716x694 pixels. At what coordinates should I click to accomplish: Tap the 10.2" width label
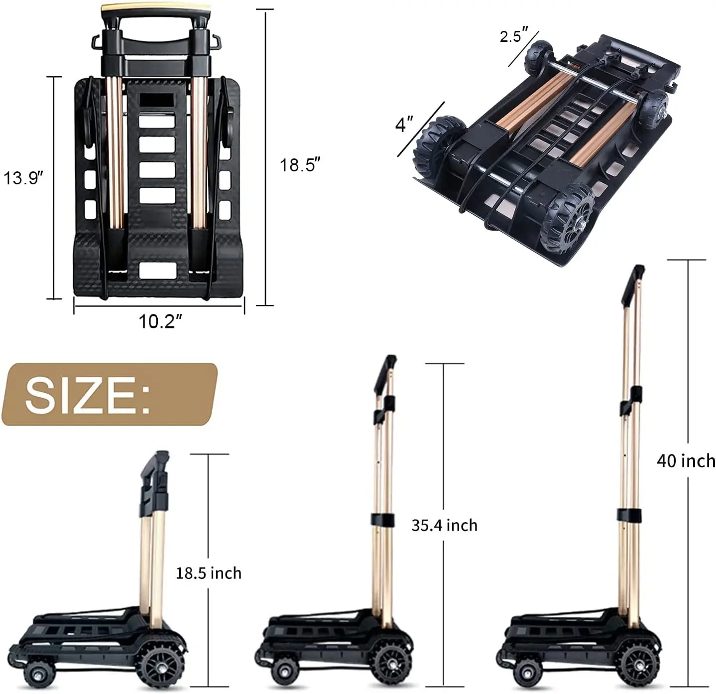coord(157,322)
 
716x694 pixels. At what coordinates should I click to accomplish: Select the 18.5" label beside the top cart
coord(299,164)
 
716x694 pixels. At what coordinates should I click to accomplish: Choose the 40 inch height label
coord(686,461)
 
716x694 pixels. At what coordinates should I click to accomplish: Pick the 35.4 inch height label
coord(444,525)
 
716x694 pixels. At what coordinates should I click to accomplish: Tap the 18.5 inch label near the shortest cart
coord(208,573)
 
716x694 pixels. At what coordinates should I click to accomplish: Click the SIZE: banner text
coord(88,395)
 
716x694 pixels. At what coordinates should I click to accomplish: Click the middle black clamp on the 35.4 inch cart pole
coord(382,519)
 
